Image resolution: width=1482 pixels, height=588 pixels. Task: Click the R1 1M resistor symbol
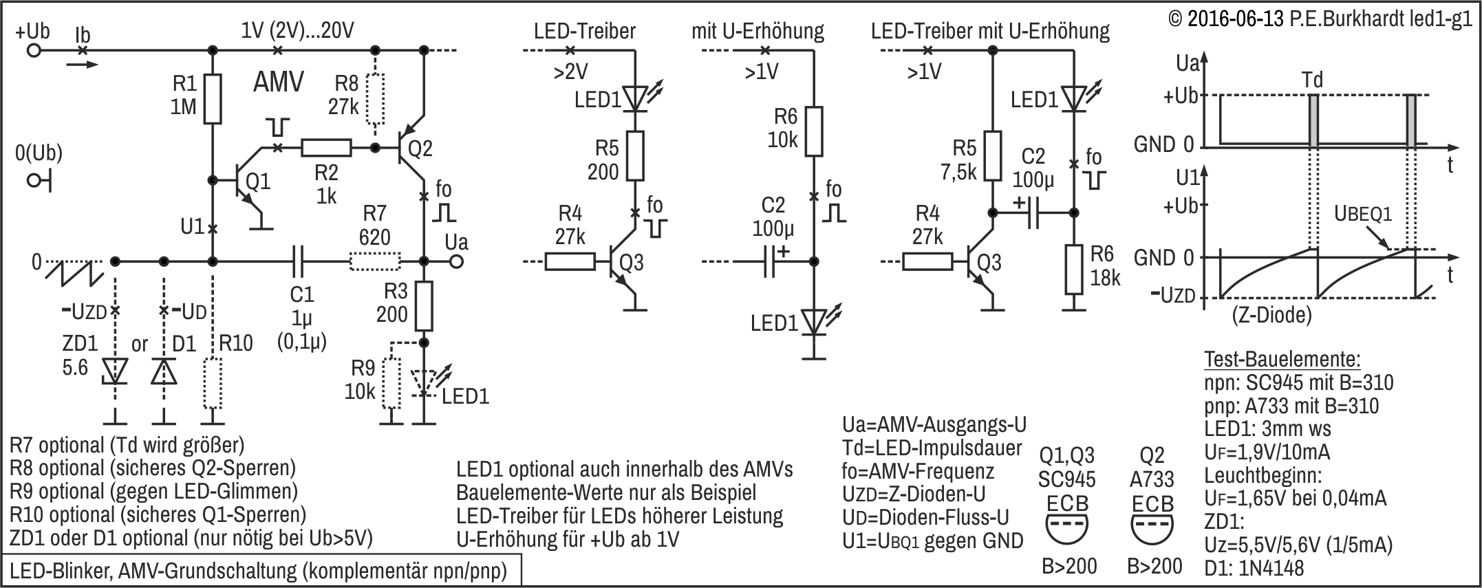click(213, 98)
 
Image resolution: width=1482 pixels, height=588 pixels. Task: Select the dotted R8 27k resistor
click(375, 98)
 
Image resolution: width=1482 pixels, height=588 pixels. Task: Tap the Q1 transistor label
click(258, 182)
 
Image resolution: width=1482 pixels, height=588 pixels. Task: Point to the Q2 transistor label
click(420, 149)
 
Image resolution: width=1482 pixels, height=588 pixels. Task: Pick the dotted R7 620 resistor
click(375, 262)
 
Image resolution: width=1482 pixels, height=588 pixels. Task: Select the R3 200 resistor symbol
click(424, 306)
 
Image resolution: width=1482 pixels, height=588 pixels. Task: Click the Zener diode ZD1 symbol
click(115, 371)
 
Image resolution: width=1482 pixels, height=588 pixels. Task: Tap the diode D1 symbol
click(164, 371)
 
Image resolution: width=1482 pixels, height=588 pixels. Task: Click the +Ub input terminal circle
click(33, 50)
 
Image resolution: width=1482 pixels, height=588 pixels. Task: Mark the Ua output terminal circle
click(456, 262)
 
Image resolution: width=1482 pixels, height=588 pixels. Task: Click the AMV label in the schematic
click(279, 83)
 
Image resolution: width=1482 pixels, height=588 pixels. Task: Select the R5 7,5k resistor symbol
click(992, 156)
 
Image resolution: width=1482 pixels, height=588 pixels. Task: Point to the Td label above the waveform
click(1312, 80)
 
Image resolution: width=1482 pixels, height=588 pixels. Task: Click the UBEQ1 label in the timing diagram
click(1363, 215)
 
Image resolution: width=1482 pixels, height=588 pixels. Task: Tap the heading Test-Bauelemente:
click(1282, 359)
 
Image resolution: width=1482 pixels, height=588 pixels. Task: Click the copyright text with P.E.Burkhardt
click(1320, 19)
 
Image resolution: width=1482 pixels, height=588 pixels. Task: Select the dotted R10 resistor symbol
click(213, 383)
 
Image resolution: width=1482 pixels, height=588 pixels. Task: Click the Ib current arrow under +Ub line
click(83, 65)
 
